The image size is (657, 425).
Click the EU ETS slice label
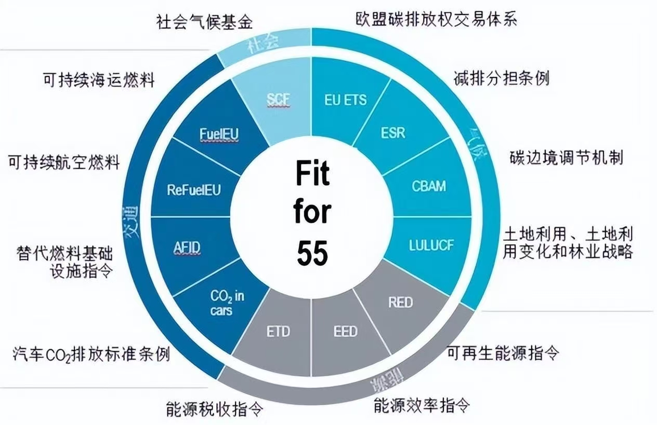345,99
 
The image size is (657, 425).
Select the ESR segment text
392,133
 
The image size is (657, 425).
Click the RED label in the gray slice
400,302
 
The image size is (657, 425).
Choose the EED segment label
345,331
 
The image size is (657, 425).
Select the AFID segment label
187,249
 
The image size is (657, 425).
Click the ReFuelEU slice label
194,189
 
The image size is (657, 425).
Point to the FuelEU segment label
219,134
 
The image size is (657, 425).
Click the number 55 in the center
312,253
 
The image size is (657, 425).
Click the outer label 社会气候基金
204,22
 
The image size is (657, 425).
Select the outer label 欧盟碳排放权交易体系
436,19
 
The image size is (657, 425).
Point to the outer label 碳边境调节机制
565,158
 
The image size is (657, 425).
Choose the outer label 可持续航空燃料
64,162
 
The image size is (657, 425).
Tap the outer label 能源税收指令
215,407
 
